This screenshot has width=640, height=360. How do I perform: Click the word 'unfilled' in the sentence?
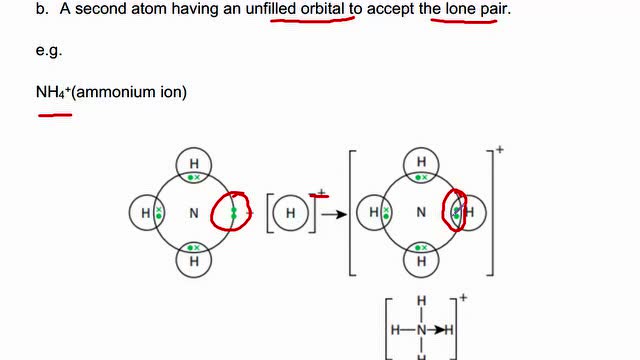pos(272,9)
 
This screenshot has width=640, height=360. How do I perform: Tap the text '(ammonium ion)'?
pos(129,92)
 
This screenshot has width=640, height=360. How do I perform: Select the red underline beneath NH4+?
pos(55,115)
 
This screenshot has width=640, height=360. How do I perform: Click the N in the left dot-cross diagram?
pos(193,212)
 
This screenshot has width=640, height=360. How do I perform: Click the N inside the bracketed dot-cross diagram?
pos(421,212)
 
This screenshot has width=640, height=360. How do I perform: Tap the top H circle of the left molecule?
pos(193,163)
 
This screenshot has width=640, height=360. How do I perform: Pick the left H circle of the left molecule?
pos(146,212)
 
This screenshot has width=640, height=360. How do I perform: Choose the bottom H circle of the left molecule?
pos(193,260)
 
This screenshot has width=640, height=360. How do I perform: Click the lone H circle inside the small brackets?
pos(290,212)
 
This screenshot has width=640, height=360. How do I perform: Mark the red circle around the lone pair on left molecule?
pos(233,212)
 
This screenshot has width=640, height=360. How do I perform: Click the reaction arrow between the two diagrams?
pos(334,213)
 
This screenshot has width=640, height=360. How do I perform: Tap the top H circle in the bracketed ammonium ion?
pos(421,163)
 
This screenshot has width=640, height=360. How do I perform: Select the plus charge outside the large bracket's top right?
pos(499,150)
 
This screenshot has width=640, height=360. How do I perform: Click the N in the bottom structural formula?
pos(422,329)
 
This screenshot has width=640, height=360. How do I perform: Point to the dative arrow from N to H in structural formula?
pos(436,329)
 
